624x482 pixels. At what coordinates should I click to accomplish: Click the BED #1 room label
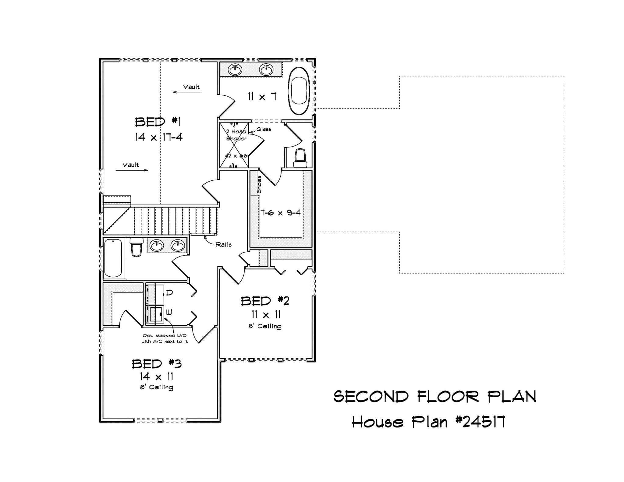tap(158, 122)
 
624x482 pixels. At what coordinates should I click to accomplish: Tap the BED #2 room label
tap(265, 301)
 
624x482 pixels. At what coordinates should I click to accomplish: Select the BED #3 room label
tap(157, 364)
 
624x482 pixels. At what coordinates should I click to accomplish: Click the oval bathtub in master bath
tap(299, 91)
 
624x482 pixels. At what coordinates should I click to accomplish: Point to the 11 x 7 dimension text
tap(262, 97)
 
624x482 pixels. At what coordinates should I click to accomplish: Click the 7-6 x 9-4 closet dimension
tap(280, 212)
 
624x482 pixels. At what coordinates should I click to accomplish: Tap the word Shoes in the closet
tap(259, 184)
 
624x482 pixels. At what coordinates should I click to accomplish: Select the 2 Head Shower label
tap(236, 135)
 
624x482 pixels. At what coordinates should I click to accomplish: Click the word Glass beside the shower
tap(264, 129)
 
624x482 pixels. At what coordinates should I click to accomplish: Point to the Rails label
tap(223, 245)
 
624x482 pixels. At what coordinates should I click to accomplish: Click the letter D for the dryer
tap(169, 293)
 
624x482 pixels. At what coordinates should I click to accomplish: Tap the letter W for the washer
tap(169, 312)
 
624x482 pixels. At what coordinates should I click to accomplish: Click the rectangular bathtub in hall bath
tap(113, 258)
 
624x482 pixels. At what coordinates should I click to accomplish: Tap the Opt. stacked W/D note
tap(165, 338)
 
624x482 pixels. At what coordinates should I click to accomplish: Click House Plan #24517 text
tap(428, 422)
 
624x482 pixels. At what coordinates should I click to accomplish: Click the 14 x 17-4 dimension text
tap(159, 137)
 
